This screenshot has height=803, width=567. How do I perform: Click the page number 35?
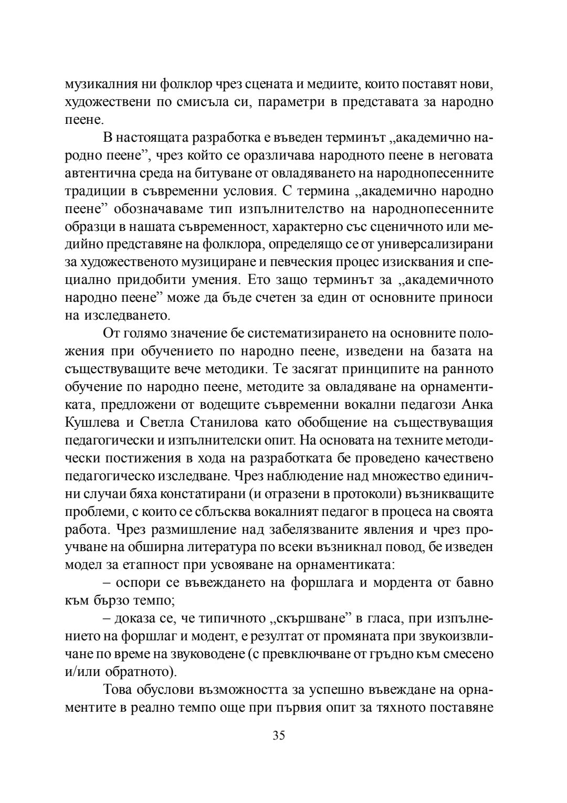279,735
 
